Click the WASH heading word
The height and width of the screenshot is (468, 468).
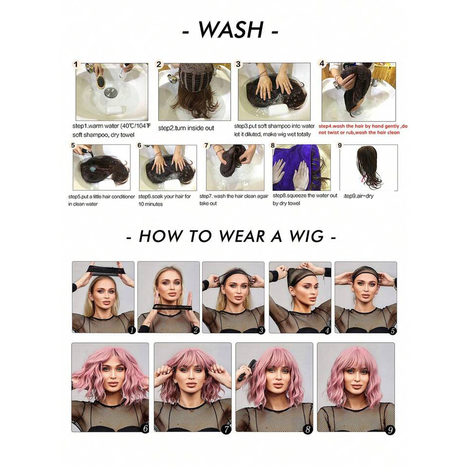click(231, 30)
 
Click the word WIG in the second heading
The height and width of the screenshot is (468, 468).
click(306, 236)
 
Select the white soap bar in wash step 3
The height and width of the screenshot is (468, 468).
click(277, 111)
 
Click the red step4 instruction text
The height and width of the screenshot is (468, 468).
click(363, 129)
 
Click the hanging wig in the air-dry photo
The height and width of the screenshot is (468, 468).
click(368, 166)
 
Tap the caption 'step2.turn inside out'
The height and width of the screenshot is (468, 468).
click(186, 128)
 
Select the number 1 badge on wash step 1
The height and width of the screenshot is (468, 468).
click(76, 64)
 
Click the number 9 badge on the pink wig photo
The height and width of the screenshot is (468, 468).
click(390, 430)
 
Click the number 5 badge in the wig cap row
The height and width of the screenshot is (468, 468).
click(393, 331)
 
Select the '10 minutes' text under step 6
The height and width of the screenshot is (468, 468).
click(150, 204)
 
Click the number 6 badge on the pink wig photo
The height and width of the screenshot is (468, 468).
click(145, 428)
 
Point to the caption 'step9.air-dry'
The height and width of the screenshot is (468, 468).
click(358, 196)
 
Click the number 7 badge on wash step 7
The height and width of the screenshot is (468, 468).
click(206, 145)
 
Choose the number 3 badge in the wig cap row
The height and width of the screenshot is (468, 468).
click(261, 330)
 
